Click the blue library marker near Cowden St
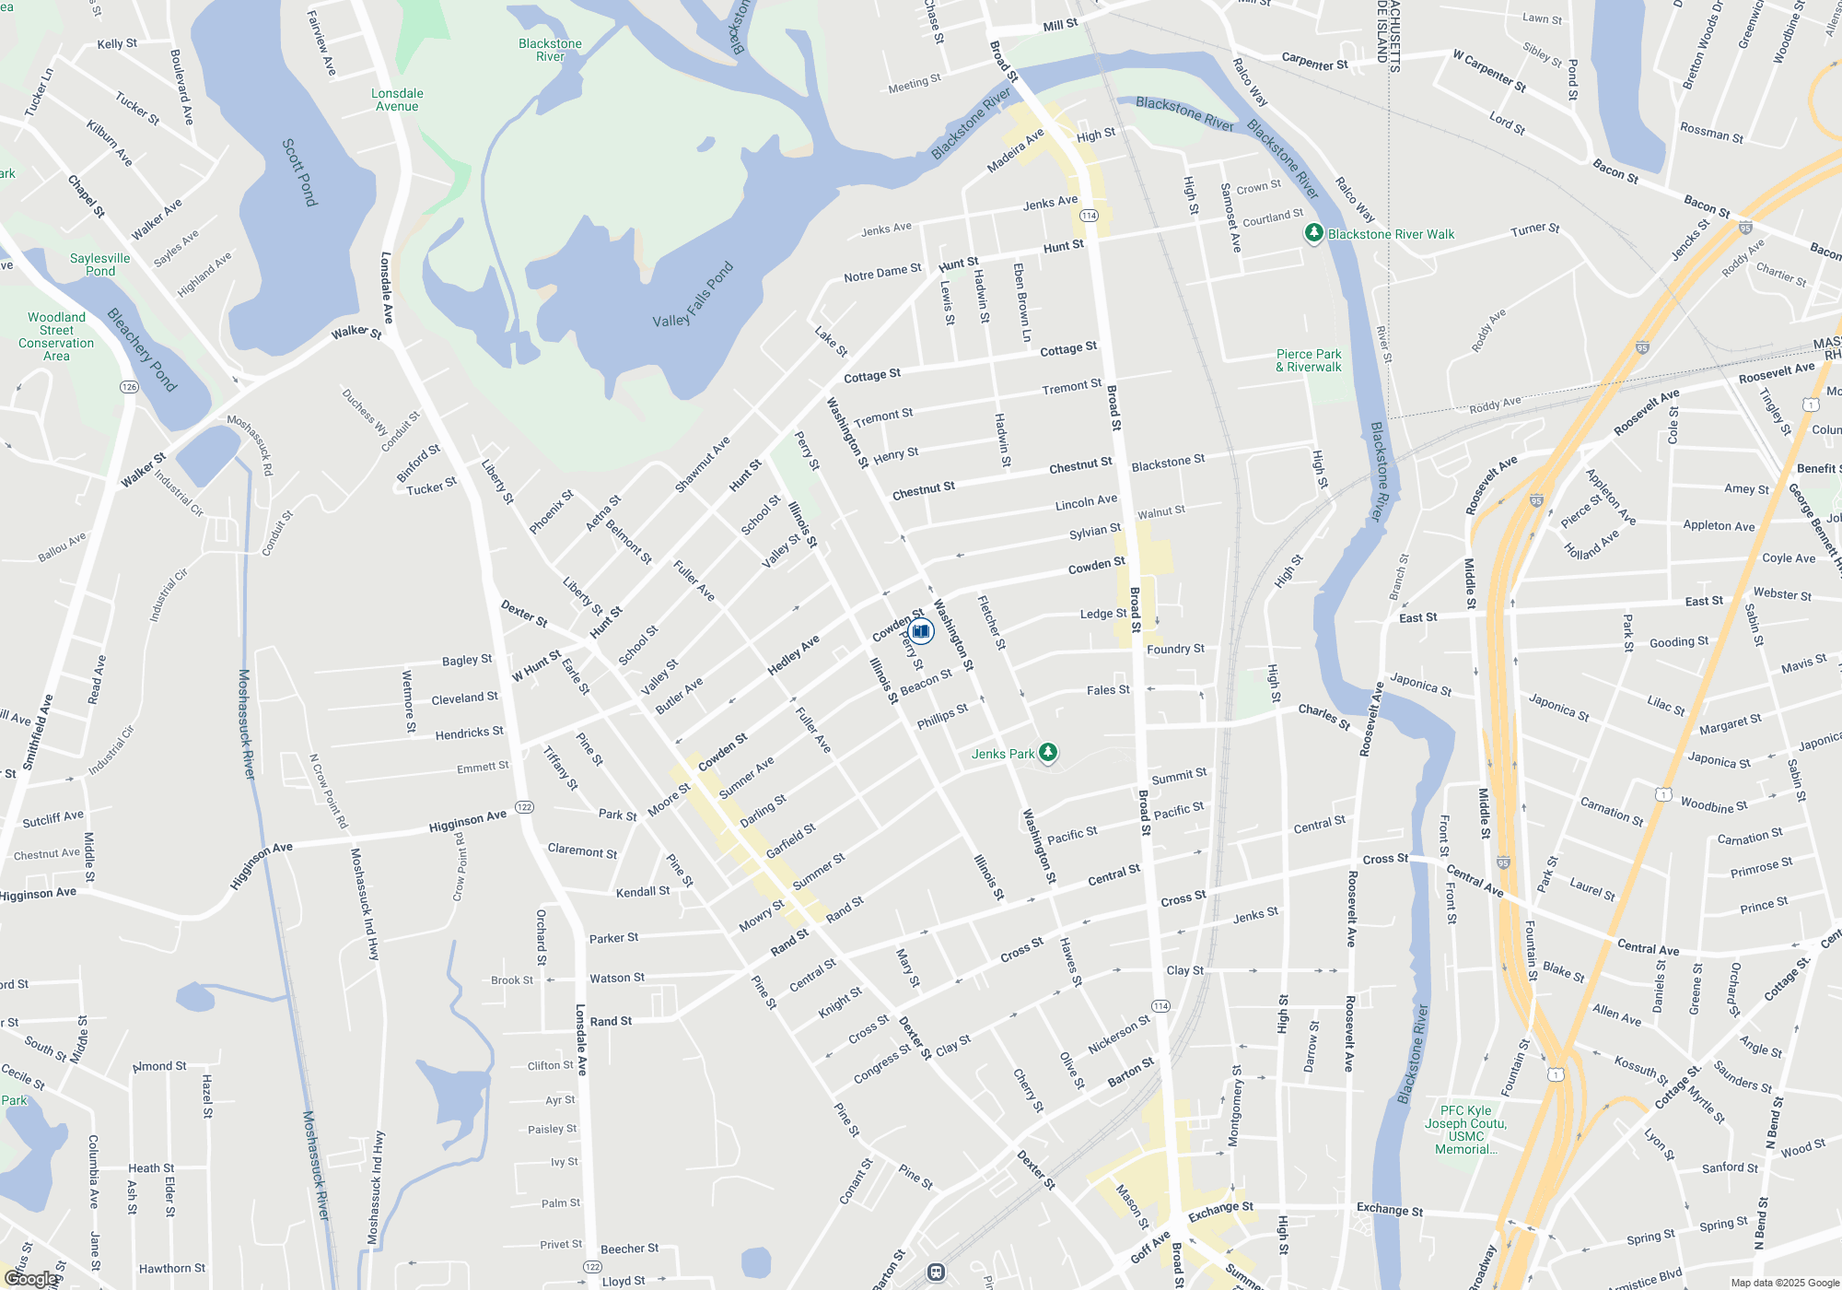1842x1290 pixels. click(921, 631)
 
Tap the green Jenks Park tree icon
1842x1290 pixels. click(1048, 753)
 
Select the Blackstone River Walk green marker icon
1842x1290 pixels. click(1314, 234)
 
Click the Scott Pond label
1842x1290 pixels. click(300, 172)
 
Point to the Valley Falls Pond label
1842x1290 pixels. click(693, 296)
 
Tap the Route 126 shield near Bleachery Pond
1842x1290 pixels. click(129, 387)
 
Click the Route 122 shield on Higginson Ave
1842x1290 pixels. click(524, 807)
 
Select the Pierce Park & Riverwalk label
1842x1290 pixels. click(1308, 360)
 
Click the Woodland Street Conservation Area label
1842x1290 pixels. click(56, 336)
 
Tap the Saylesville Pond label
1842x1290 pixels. click(99, 264)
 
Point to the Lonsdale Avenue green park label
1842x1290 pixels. click(397, 100)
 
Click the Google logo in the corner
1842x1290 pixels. click(31, 1279)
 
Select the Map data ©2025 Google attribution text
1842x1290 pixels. click(1784, 1283)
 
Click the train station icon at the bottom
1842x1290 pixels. click(936, 1272)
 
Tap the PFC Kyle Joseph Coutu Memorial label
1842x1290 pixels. click(1465, 1130)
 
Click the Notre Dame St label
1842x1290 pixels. click(882, 273)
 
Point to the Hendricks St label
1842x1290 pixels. click(469, 733)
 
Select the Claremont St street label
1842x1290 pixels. click(582, 850)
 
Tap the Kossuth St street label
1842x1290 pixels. click(1640, 1070)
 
